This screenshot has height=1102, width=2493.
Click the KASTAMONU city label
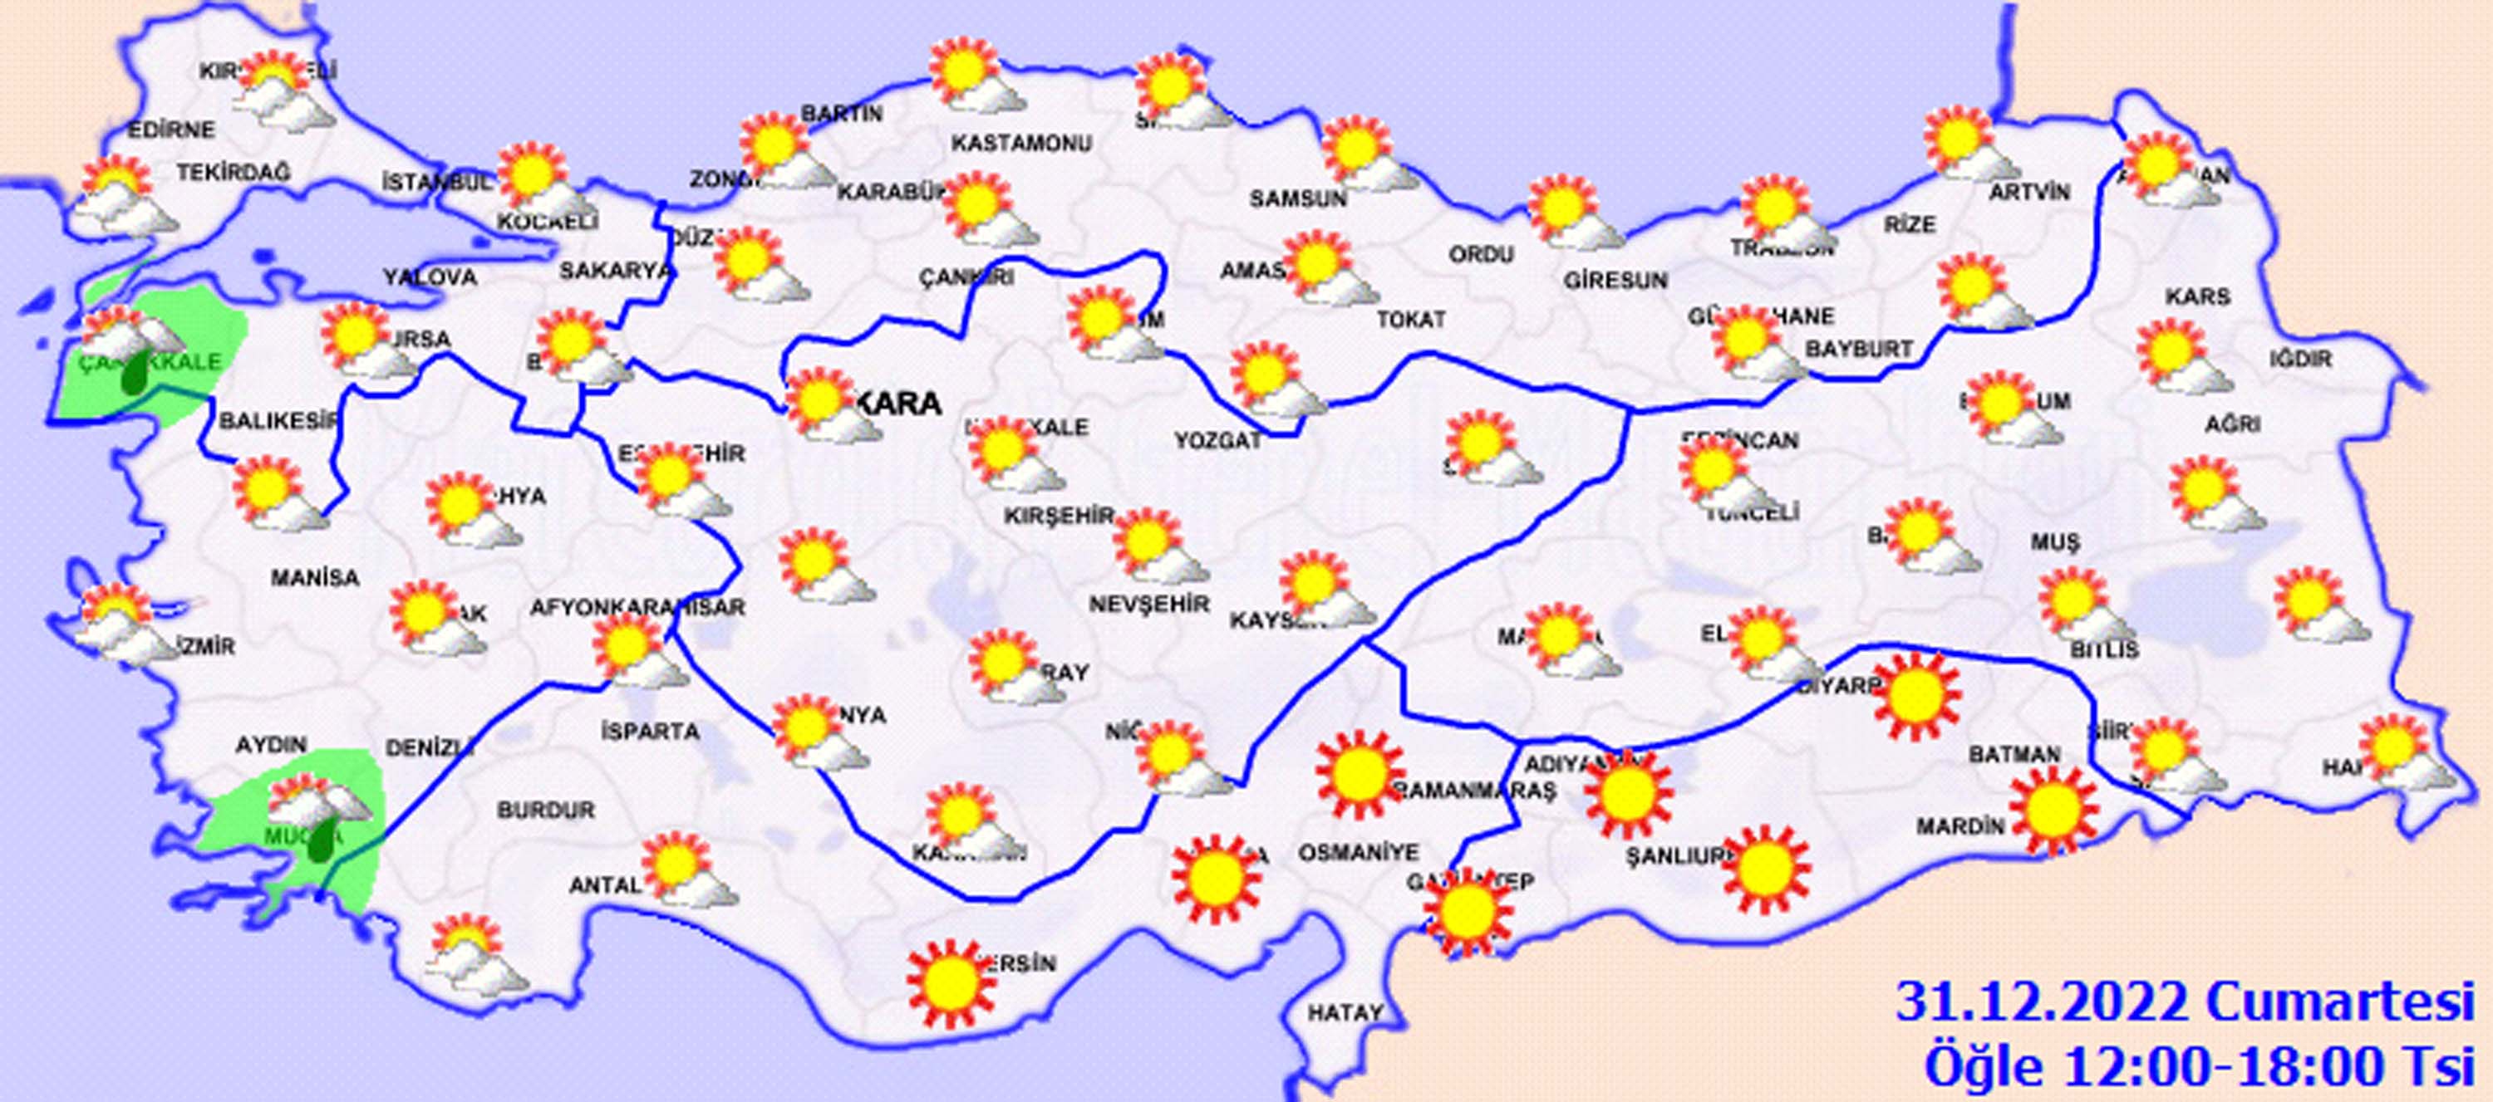1021,143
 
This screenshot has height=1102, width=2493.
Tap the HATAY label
1345,1013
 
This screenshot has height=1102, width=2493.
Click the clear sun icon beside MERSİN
951,984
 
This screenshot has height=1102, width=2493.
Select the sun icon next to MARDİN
2053,810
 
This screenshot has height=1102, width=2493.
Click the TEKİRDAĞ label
234,172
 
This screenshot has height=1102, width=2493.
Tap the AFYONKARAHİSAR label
637,608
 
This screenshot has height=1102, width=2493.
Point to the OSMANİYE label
1358,852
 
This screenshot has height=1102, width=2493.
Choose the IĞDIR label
2300,359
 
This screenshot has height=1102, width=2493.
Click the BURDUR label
546,810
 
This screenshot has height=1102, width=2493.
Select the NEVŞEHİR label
1150,605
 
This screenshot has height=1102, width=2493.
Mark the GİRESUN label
1615,281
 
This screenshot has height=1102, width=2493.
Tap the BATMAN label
2016,754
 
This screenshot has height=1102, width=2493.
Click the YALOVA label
430,277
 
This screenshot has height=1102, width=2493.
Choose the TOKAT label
1412,318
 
